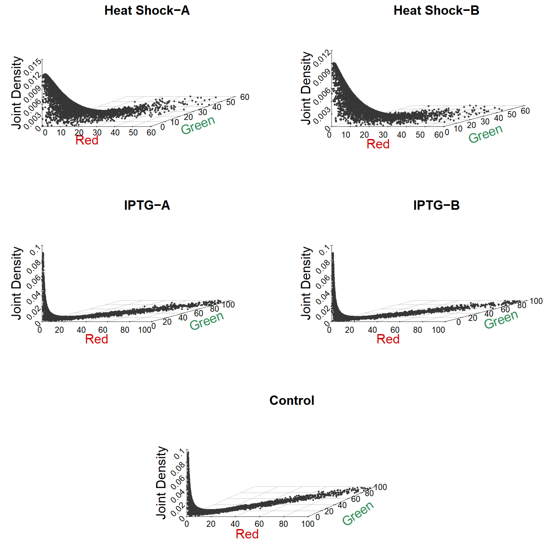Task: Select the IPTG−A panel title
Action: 147,205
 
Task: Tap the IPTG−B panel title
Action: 436,205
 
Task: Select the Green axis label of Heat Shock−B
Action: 485,134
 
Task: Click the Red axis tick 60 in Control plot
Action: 259,524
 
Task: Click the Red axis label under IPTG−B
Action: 388,339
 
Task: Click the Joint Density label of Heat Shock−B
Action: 306,88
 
